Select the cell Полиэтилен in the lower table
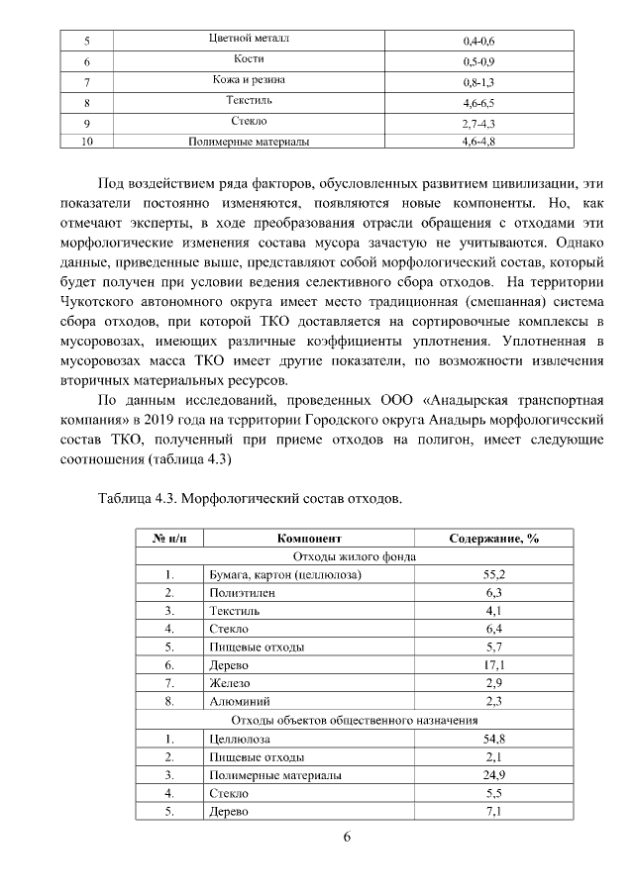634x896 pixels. pyautogui.click(x=243, y=592)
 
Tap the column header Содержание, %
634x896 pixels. pyautogui.click(x=494, y=539)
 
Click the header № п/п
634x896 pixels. pyautogui.click(x=169, y=539)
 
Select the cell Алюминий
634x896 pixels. pyautogui.click(x=238, y=701)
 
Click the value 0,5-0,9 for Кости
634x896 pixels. pyautogui.click(x=478, y=61)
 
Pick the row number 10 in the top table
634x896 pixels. pyautogui.click(x=87, y=143)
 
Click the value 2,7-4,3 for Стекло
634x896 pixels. pyautogui.click(x=478, y=123)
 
